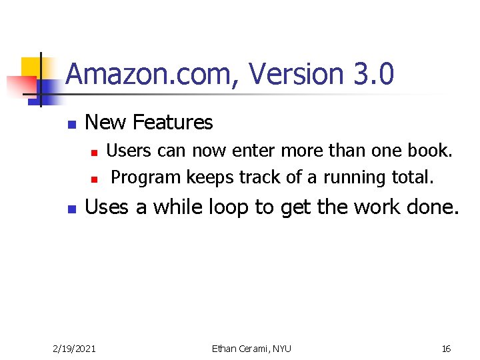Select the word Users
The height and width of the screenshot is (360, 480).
click(129, 151)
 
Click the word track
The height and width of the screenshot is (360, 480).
click(260, 177)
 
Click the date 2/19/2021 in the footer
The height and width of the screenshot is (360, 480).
click(75, 348)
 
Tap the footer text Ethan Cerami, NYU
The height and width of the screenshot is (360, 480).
click(251, 348)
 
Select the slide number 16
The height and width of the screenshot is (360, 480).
click(446, 348)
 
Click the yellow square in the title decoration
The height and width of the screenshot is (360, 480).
click(32, 67)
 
